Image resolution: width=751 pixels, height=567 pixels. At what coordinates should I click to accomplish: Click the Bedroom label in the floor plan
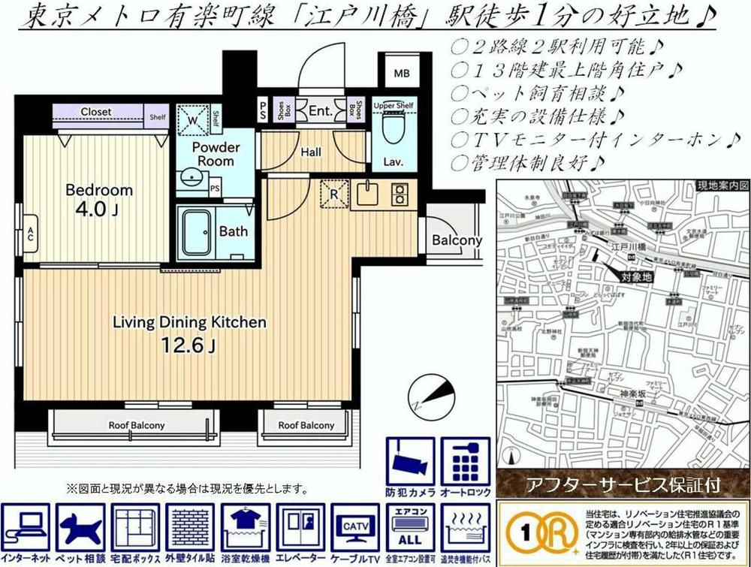[98, 189]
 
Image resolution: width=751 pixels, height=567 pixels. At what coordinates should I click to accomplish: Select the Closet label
[96, 112]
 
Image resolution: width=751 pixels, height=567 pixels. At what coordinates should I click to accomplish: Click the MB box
[403, 74]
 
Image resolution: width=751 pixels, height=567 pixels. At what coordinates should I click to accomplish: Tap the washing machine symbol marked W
[192, 119]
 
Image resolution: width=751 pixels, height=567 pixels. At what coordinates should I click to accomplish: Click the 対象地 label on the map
[638, 277]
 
